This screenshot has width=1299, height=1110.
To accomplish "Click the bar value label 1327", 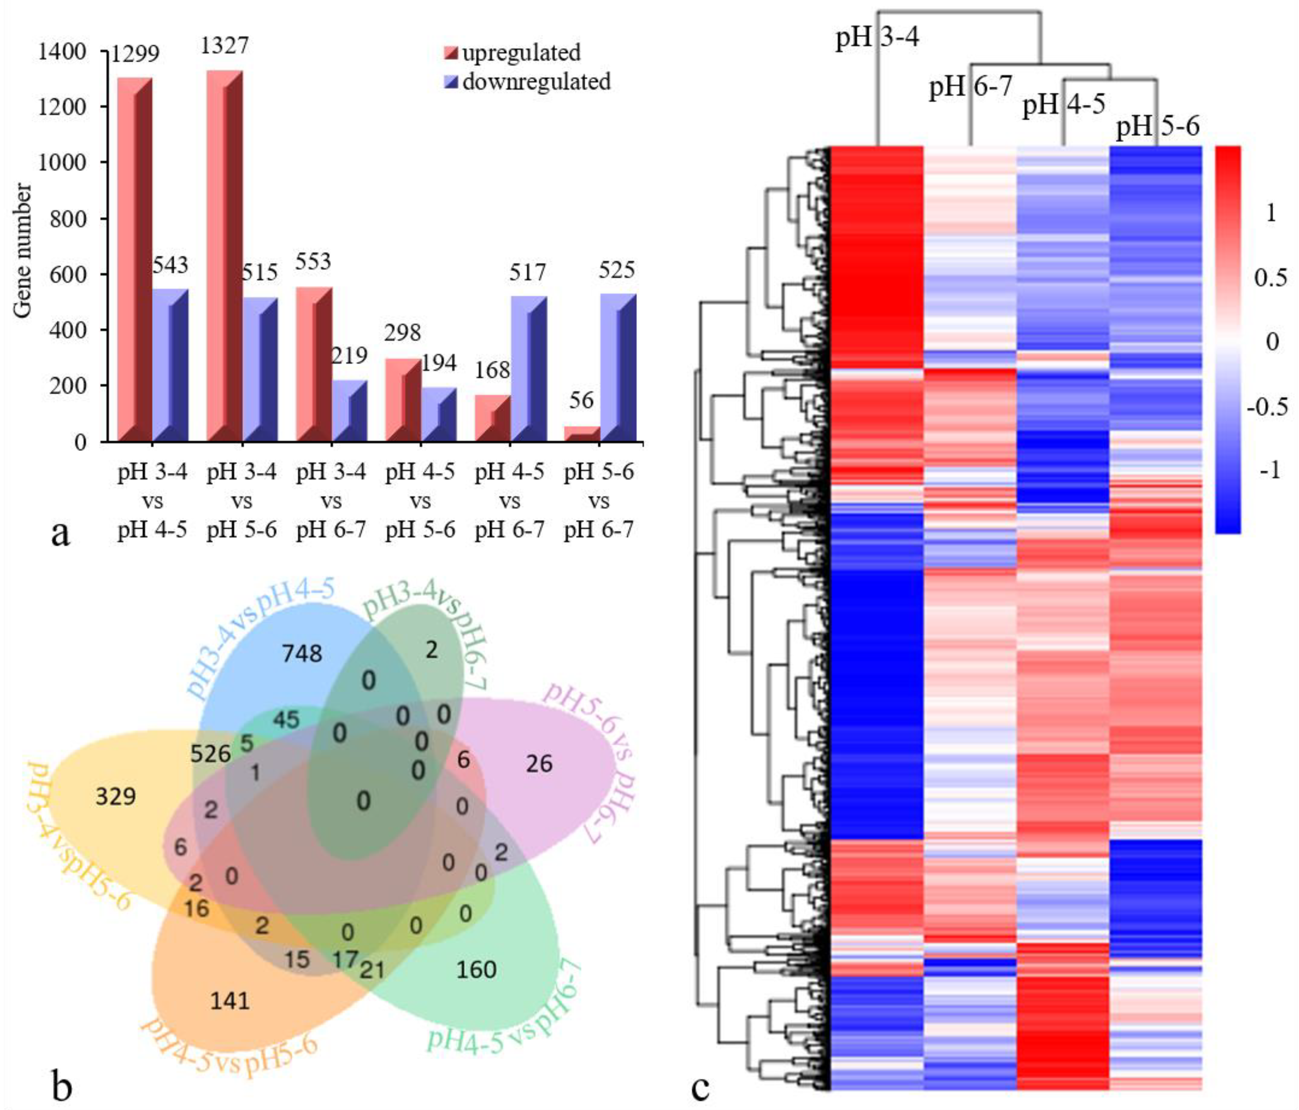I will [x=224, y=45].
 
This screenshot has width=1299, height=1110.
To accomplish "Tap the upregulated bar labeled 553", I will [x=314, y=364].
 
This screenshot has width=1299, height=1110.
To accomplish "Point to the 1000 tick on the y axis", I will [x=61, y=163].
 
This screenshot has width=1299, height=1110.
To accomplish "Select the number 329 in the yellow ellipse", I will [x=116, y=797].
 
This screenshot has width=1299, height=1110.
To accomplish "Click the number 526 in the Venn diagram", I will [x=211, y=753].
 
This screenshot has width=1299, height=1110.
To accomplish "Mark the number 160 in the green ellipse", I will [x=477, y=969].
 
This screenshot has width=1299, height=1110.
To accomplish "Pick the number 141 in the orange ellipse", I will [x=230, y=1000].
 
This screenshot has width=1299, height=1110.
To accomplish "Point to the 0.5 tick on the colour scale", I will [x=1269, y=278].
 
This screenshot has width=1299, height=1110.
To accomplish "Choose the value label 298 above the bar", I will [x=403, y=332].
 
